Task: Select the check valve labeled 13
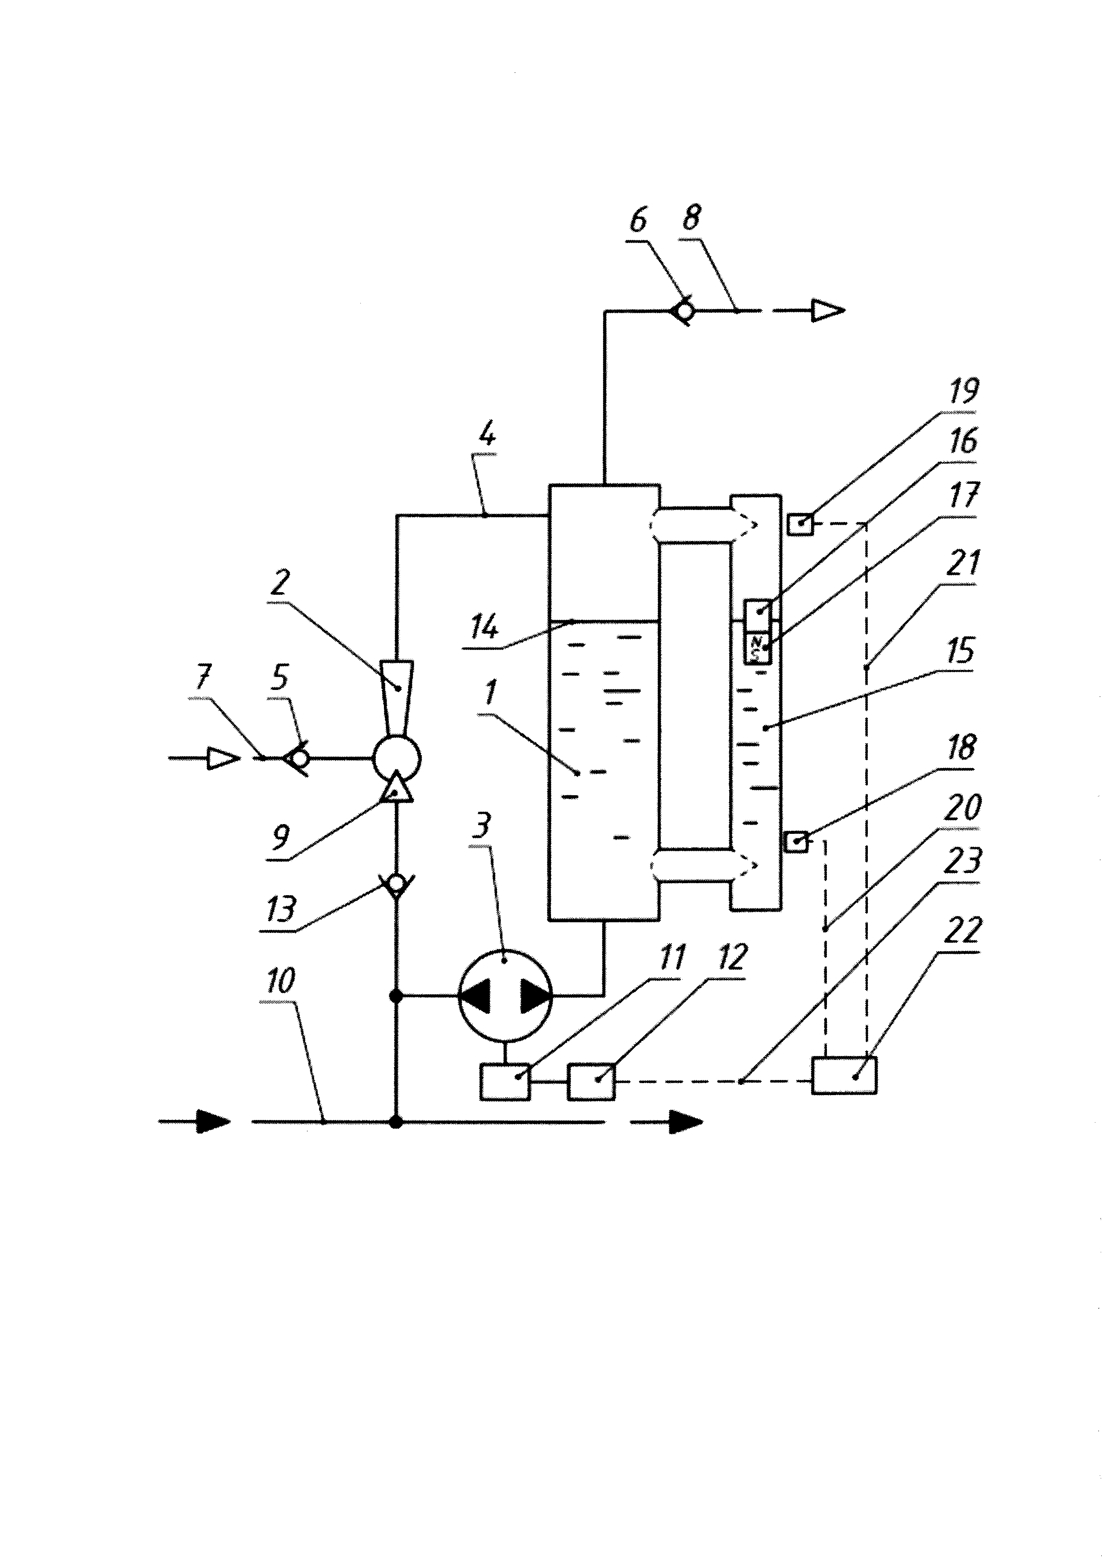coord(397,884)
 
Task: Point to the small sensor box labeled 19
coord(801,524)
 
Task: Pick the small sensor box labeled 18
coord(797,842)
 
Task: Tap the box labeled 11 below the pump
coord(505,1082)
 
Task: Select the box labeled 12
coord(592,1082)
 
